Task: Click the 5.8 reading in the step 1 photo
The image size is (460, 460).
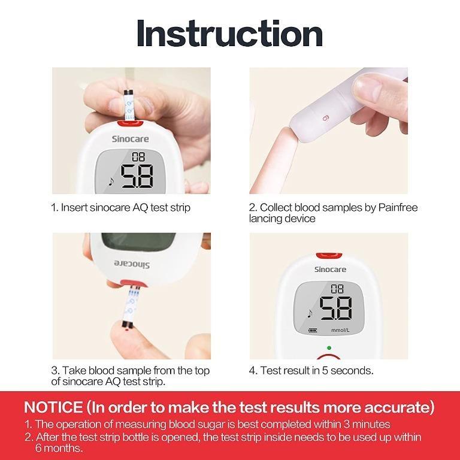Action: tap(137, 176)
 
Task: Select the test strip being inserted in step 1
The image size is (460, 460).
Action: tap(128, 105)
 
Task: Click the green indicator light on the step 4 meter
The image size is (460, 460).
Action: tap(329, 347)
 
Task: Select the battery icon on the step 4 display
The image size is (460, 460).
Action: tap(311, 330)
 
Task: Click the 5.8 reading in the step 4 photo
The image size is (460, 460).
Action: tap(335, 309)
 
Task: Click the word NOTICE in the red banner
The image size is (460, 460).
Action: tap(53, 408)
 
